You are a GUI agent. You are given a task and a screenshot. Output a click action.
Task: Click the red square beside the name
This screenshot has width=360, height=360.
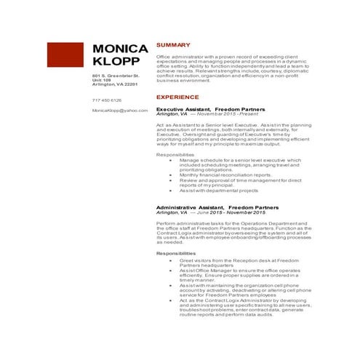pyautogui.click(x=65, y=57)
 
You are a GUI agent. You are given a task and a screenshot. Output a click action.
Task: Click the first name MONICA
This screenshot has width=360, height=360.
pyautogui.click(x=120, y=49)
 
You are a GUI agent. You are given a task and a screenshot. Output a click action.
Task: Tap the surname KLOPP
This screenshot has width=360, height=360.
pyautogui.click(x=116, y=63)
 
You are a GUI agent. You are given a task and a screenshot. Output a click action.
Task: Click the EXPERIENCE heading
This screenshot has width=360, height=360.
pyautogui.click(x=178, y=96)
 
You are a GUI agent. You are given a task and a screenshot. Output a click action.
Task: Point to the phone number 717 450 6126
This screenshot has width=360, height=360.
pyautogui.click(x=107, y=100)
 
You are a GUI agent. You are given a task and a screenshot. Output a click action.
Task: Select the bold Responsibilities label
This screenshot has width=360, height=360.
pyautogui.click(x=176, y=252)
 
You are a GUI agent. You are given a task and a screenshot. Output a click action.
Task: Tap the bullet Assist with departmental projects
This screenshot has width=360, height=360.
pyautogui.click(x=219, y=190)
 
